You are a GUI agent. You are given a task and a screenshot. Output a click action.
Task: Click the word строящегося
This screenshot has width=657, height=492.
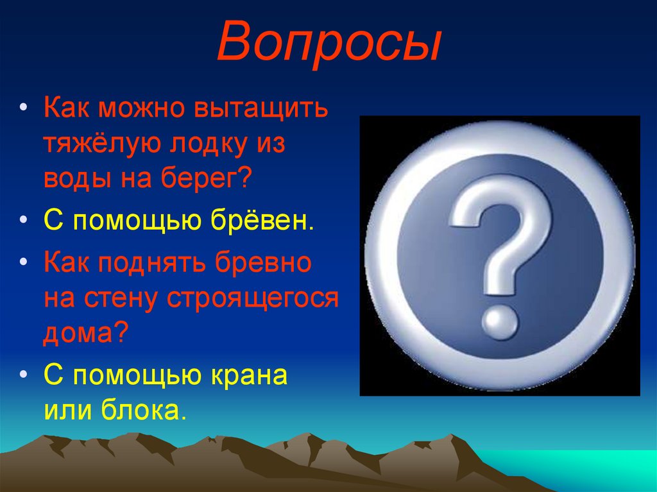pyautogui.click(x=252, y=298)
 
